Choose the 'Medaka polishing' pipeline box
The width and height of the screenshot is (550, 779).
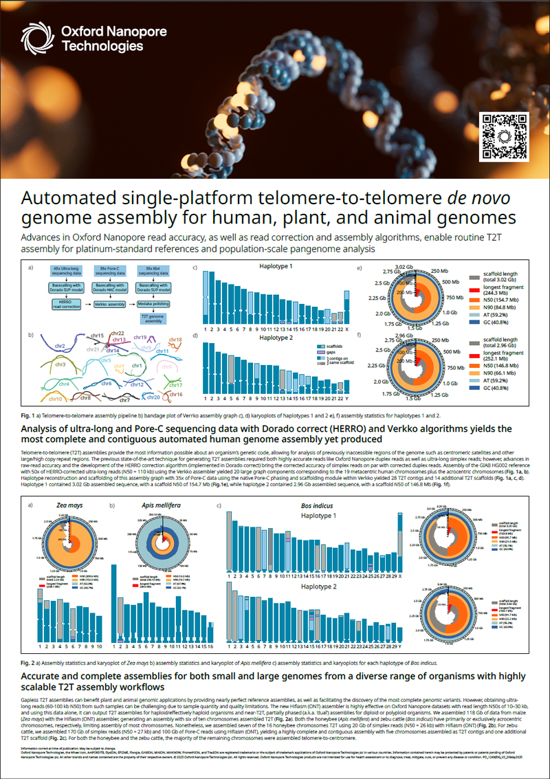[153, 302]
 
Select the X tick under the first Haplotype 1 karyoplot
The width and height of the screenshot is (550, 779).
[345, 329]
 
